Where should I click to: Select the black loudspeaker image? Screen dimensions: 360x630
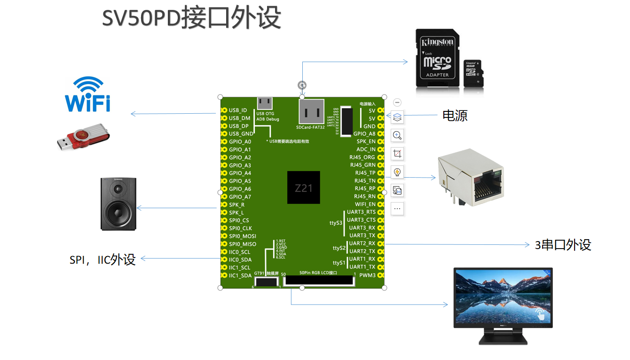pos(118,204)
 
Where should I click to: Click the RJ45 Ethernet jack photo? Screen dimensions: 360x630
pos(470,178)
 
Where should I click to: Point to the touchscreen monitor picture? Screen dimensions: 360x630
pos(503,305)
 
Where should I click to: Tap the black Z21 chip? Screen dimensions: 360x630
pos(304,188)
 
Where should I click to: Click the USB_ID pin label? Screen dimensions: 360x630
pos(238,110)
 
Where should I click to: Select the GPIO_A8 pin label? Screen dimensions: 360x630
pos(364,134)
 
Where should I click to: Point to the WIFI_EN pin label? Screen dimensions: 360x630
pos(365,204)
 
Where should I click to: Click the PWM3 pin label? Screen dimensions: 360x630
pos(368,275)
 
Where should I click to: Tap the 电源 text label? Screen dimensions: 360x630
pos(455,116)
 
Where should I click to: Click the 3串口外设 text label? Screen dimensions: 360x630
pos(563,245)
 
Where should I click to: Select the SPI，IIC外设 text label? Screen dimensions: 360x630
pos(102,259)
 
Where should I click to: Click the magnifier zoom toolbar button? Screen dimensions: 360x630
pos(397,135)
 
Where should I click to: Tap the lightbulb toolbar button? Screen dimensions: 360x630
pos(397,172)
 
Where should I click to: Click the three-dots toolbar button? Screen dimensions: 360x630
pos(397,209)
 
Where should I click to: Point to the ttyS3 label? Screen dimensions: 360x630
pos(336,223)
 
